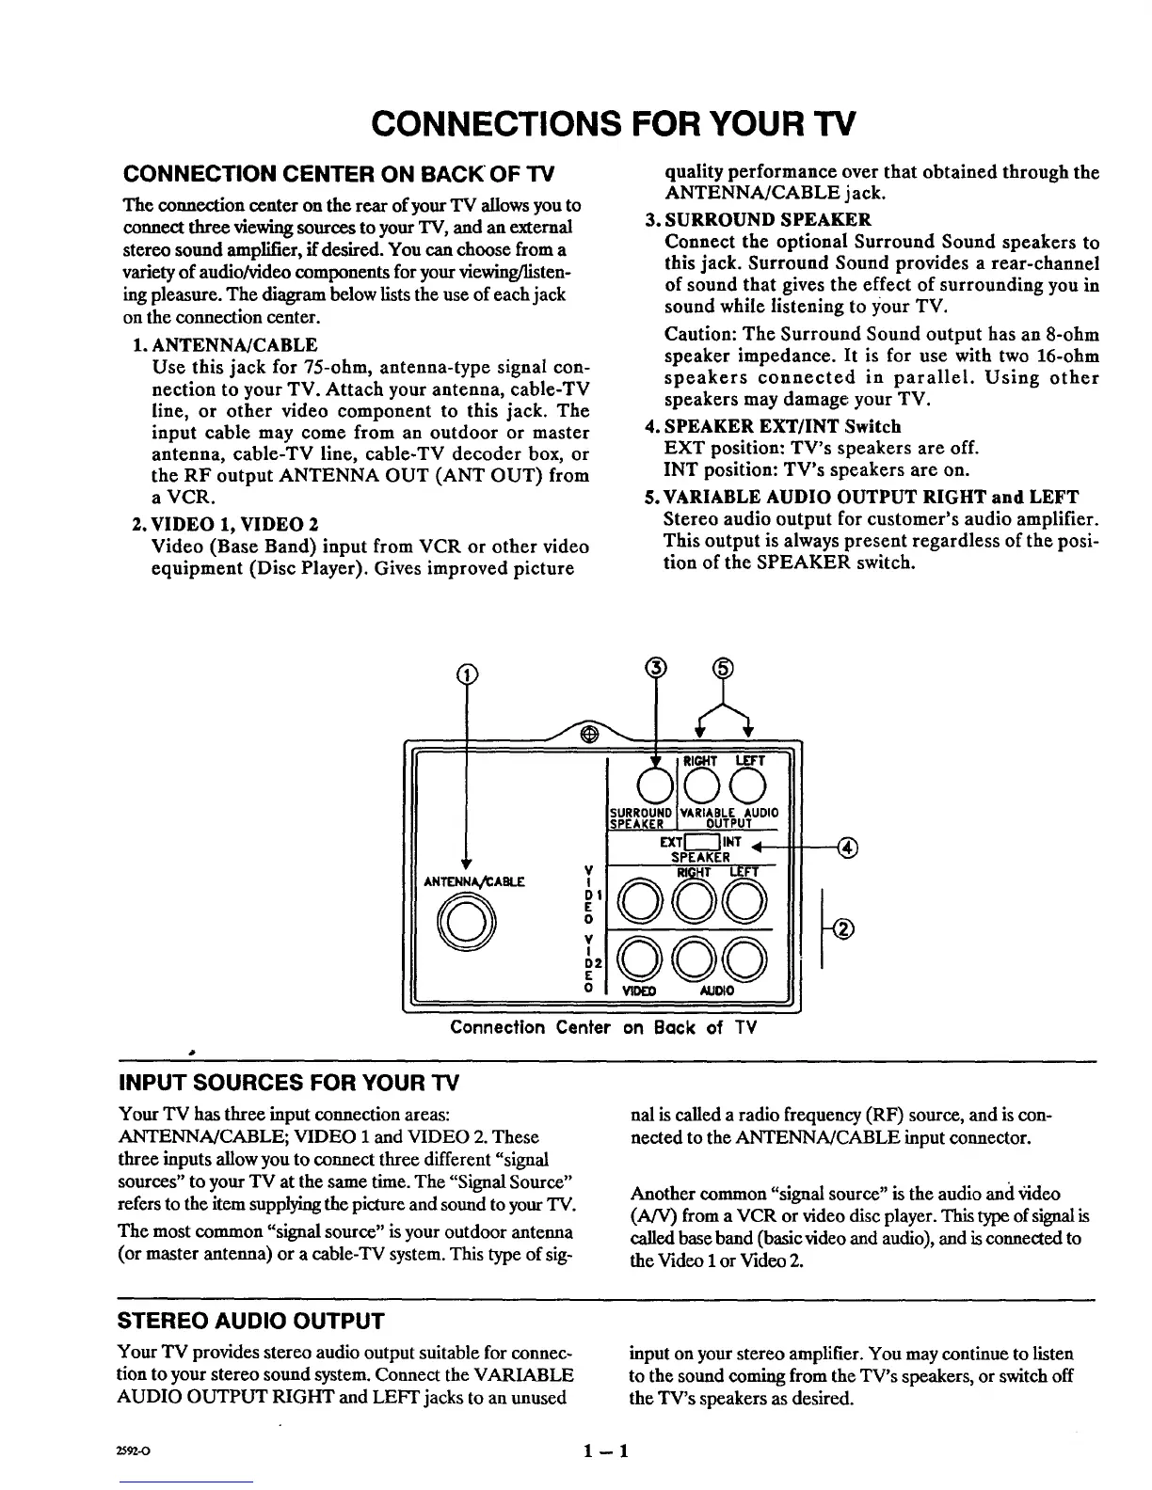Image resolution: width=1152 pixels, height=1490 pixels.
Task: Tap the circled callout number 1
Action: click(464, 673)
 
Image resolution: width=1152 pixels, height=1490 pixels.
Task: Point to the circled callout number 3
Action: click(655, 669)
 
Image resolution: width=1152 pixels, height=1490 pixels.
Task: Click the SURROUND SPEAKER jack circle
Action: click(655, 783)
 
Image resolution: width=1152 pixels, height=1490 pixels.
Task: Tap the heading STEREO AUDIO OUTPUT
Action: click(249, 1321)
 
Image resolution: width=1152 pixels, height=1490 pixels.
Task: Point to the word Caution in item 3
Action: click(698, 335)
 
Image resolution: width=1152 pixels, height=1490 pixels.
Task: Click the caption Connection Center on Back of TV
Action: click(603, 1027)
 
